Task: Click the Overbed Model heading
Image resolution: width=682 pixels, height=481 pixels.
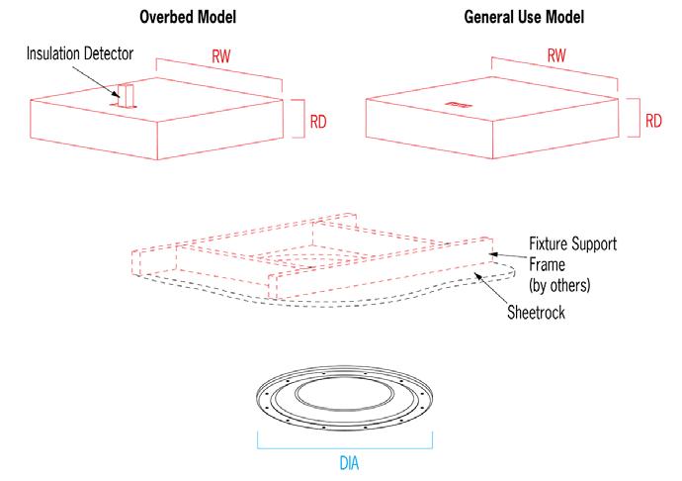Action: point(188,18)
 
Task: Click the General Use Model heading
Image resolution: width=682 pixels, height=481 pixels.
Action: point(524,18)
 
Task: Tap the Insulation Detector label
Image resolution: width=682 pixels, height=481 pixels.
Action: point(80,53)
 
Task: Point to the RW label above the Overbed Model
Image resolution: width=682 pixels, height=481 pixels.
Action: point(221,56)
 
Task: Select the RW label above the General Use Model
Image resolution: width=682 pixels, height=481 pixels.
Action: point(556,55)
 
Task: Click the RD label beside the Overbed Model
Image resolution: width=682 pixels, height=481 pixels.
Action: point(318,122)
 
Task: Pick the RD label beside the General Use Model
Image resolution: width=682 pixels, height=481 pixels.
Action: point(653,121)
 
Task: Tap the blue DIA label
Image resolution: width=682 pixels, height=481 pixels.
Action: point(349,463)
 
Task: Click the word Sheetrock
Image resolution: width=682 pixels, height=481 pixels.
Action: point(536,313)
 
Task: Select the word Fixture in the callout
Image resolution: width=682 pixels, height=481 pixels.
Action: point(548,243)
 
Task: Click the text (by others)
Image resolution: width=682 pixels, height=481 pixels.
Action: point(559,285)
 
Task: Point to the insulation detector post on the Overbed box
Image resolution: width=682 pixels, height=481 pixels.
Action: point(127,95)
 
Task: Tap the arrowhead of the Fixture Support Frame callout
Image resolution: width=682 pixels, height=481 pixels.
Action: point(492,254)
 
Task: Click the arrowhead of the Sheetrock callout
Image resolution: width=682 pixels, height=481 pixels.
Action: point(478,276)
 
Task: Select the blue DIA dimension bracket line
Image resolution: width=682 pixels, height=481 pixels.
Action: point(345,448)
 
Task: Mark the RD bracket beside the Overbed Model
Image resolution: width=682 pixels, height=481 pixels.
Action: point(303,119)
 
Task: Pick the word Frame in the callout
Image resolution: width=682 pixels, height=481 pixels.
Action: point(547,264)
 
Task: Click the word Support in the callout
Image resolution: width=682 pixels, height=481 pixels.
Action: point(594,244)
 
